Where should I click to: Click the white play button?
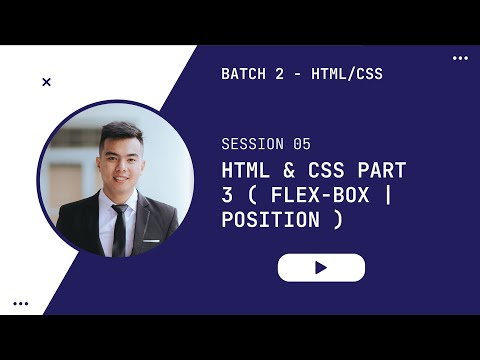(x=321, y=268)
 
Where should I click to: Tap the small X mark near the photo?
(x=46, y=82)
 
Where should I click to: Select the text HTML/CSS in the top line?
(x=347, y=74)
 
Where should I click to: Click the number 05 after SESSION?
(x=302, y=144)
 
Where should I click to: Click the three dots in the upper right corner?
(x=460, y=58)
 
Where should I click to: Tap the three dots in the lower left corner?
(x=20, y=303)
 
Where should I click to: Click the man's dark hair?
(x=120, y=133)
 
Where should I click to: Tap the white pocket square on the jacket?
(x=151, y=240)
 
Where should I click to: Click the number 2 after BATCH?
(x=290, y=74)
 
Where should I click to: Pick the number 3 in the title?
(x=227, y=195)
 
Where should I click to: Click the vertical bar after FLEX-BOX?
(x=390, y=195)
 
